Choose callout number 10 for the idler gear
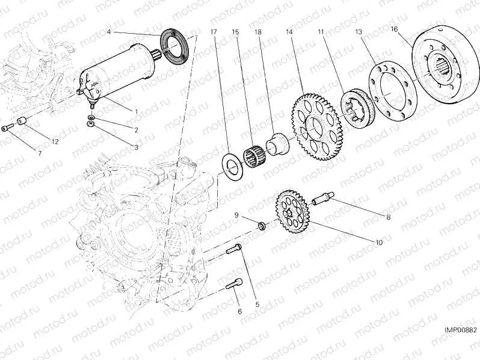coord(378,243)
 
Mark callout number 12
coord(55,141)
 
